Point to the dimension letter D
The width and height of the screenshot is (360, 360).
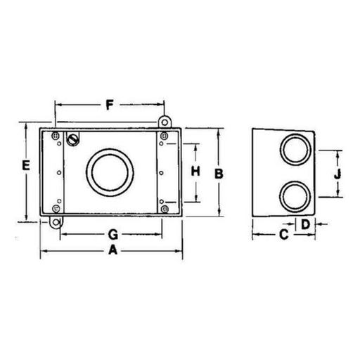pos(305,224)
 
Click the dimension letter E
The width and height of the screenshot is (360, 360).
pos(25,167)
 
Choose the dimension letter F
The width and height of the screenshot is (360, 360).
pos(108,107)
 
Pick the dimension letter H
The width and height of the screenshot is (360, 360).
pos(196,171)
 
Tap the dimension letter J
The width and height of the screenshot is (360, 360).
pos(338,172)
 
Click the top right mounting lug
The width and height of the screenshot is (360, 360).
pos(166,122)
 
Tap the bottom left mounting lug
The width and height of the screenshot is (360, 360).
pos(54,222)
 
